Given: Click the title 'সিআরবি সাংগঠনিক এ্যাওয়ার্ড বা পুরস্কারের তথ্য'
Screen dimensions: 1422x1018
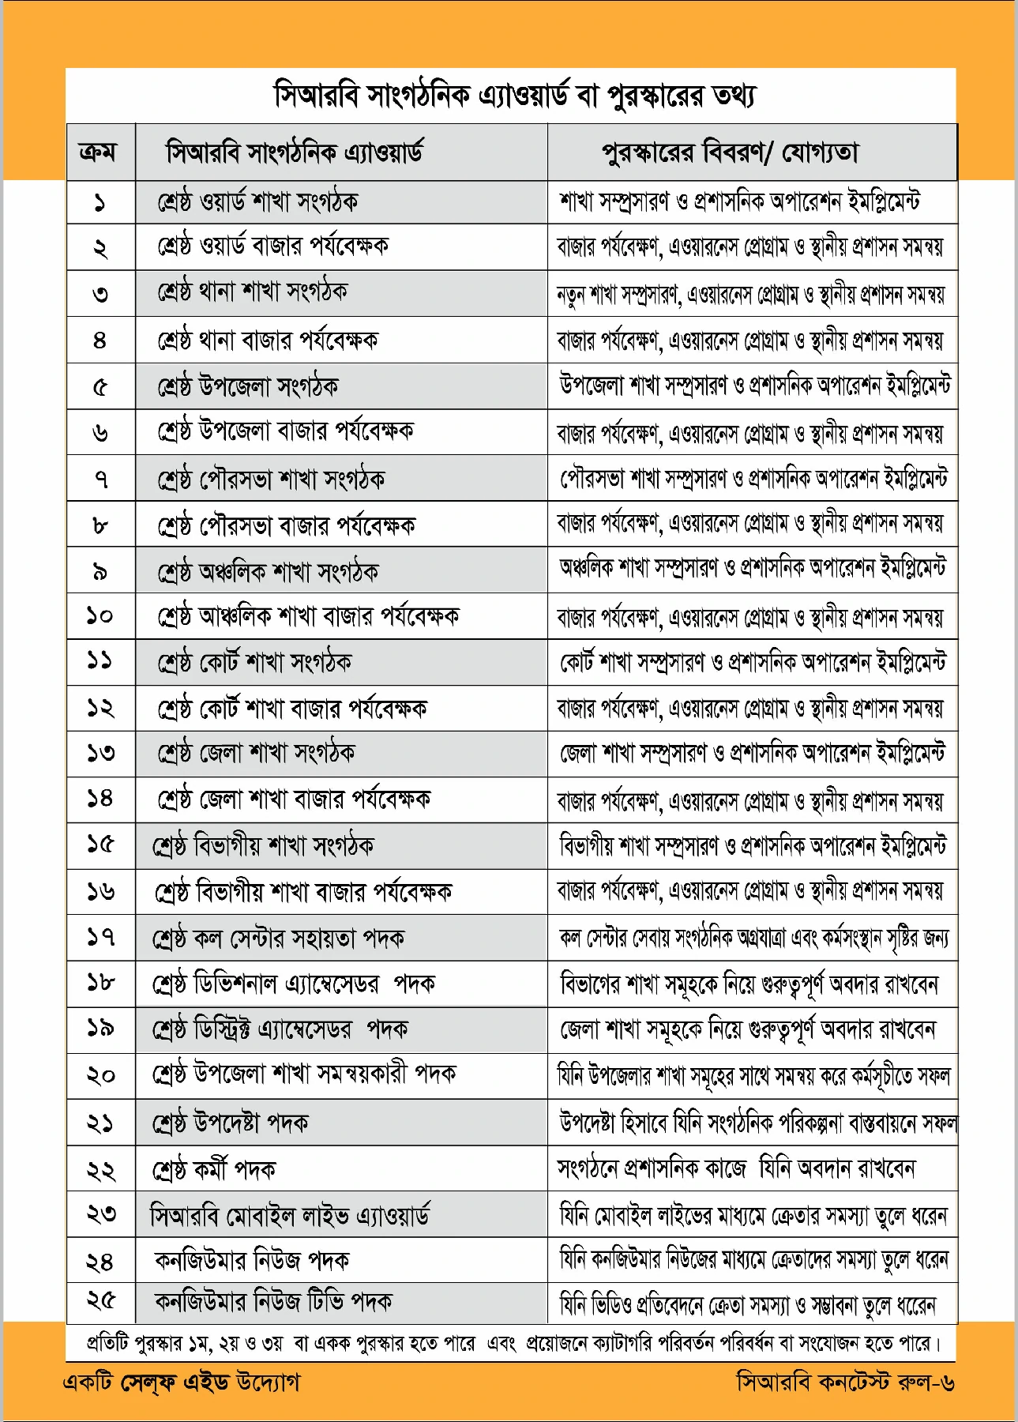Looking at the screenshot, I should click(x=514, y=96).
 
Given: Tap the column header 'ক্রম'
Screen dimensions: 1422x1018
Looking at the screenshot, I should click(x=99, y=152).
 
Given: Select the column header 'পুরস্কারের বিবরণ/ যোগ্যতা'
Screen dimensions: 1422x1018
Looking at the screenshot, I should click(x=730, y=152).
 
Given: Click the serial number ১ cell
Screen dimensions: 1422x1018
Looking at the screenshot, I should click(x=100, y=203).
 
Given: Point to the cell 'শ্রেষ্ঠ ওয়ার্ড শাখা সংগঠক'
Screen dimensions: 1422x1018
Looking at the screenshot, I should click(x=257, y=202).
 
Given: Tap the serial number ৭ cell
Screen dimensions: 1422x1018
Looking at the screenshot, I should click(x=100, y=479).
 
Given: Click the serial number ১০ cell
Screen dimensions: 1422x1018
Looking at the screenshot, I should click(x=100, y=615).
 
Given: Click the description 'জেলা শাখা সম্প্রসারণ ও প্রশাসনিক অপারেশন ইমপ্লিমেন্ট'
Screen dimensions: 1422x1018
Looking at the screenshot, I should click(x=753, y=754).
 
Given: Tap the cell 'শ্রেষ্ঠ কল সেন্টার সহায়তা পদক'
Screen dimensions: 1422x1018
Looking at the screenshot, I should click(x=279, y=939).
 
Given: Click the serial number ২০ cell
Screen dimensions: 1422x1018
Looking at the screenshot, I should click(x=100, y=1075).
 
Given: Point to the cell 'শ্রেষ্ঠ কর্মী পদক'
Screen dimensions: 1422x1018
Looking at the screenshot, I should click(x=214, y=1169).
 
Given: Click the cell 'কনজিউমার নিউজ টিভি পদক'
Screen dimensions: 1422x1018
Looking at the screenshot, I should click(x=273, y=1301).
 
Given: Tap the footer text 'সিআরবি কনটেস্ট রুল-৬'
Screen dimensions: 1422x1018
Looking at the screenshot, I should click(x=845, y=1382).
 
